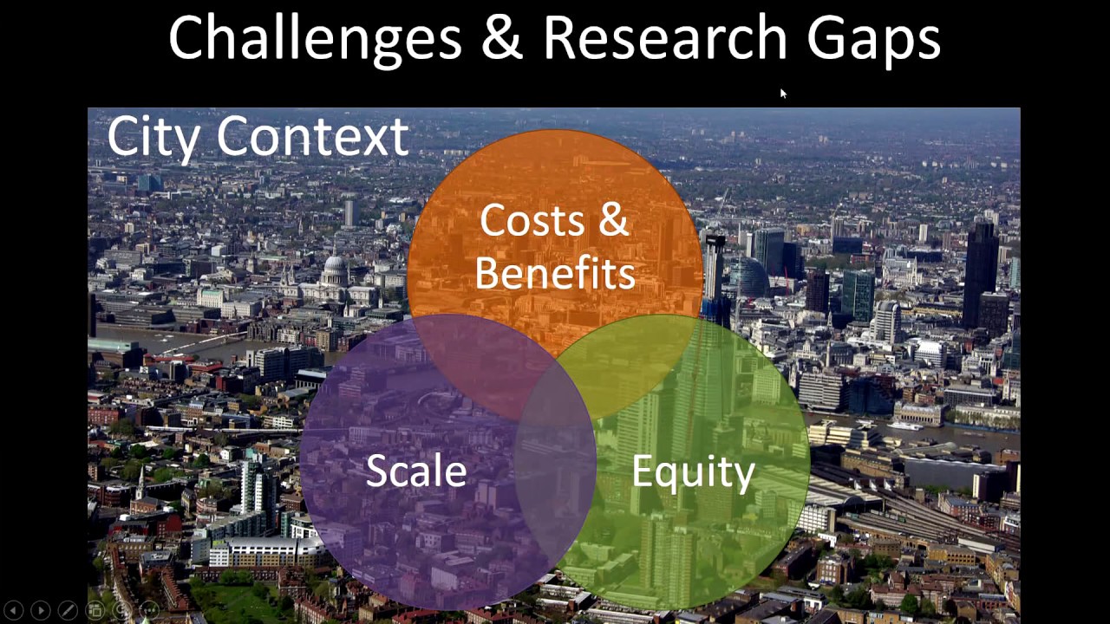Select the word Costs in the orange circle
click(531, 220)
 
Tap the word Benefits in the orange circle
click(555, 273)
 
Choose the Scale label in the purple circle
click(416, 471)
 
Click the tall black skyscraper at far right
click(981, 269)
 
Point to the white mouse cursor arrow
click(782, 94)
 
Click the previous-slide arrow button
click(14, 611)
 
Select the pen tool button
click(67, 611)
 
